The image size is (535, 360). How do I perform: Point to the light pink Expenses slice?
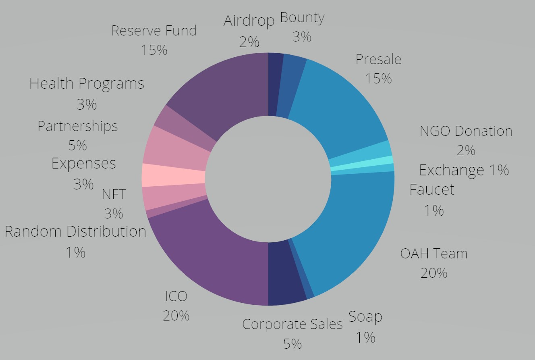pyautogui.click(x=173, y=175)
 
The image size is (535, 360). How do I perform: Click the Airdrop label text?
pyautogui.click(x=249, y=21)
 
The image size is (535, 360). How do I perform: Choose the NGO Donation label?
pyautogui.click(x=466, y=131)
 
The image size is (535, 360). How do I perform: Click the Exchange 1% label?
pyautogui.click(x=464, y=171)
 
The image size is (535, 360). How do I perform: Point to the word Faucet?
pyautogui.click(x=432, y=189)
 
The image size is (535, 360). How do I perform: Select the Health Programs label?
pyautogui.click(x=87, y=84)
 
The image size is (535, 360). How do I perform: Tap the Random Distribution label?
pyautogui.click(x=75, y=232)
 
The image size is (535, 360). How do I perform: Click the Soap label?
pyautogui.click(x=365, y=317)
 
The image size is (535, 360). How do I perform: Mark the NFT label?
pyautogui.click(x=114, y=194)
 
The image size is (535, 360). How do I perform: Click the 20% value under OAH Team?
pyautogui.click(x=434, y=273)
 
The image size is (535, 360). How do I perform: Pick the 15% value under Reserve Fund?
pyautogui.click(x=154, y=50)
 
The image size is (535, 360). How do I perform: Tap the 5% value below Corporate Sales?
pyautogui.click(x=292, y=344)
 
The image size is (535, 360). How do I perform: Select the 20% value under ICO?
pyautogui.click(x=176, y=315)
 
